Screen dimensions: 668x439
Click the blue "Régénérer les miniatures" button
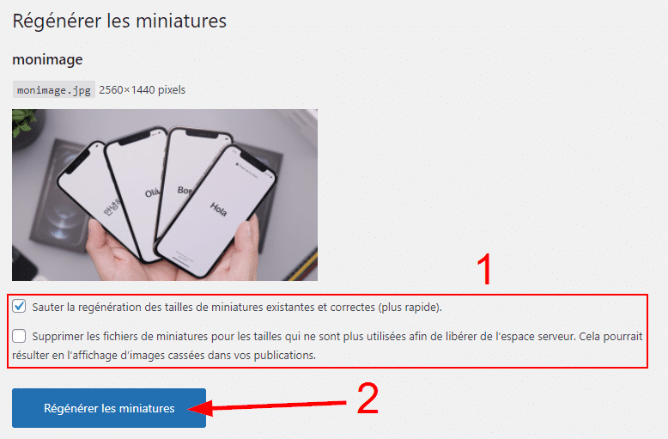[109, 408]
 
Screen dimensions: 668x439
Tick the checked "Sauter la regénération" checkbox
[19, 306]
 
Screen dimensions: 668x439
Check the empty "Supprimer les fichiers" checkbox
[19, 336]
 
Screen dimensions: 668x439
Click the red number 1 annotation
[484, 269]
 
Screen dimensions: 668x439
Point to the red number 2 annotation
[367, 399]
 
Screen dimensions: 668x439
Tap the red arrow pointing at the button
[267, 406]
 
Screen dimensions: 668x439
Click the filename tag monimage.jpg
[54, 90]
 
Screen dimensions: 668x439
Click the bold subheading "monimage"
[47, 59]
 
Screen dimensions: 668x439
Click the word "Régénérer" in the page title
[57, 21]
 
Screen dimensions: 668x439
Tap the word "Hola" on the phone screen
[218, 210]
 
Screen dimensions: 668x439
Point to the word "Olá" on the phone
[152, 192]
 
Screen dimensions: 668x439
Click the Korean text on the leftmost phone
[112, 207]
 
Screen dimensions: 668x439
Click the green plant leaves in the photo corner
[22, 120]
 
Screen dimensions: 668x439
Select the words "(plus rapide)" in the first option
[410, 308]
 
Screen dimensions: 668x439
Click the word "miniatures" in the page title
[185, 21]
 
